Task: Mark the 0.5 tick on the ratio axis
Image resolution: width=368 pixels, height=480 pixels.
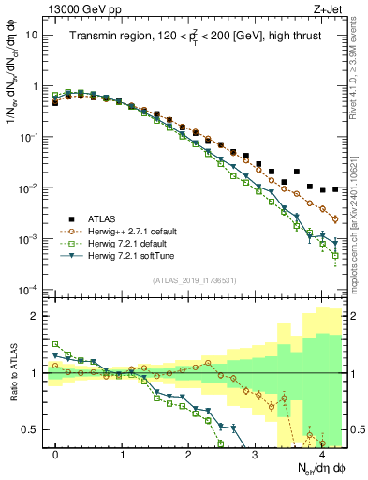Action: (x=33, y=430)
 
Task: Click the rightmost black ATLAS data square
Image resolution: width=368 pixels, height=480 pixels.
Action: (x=335, y=188)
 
